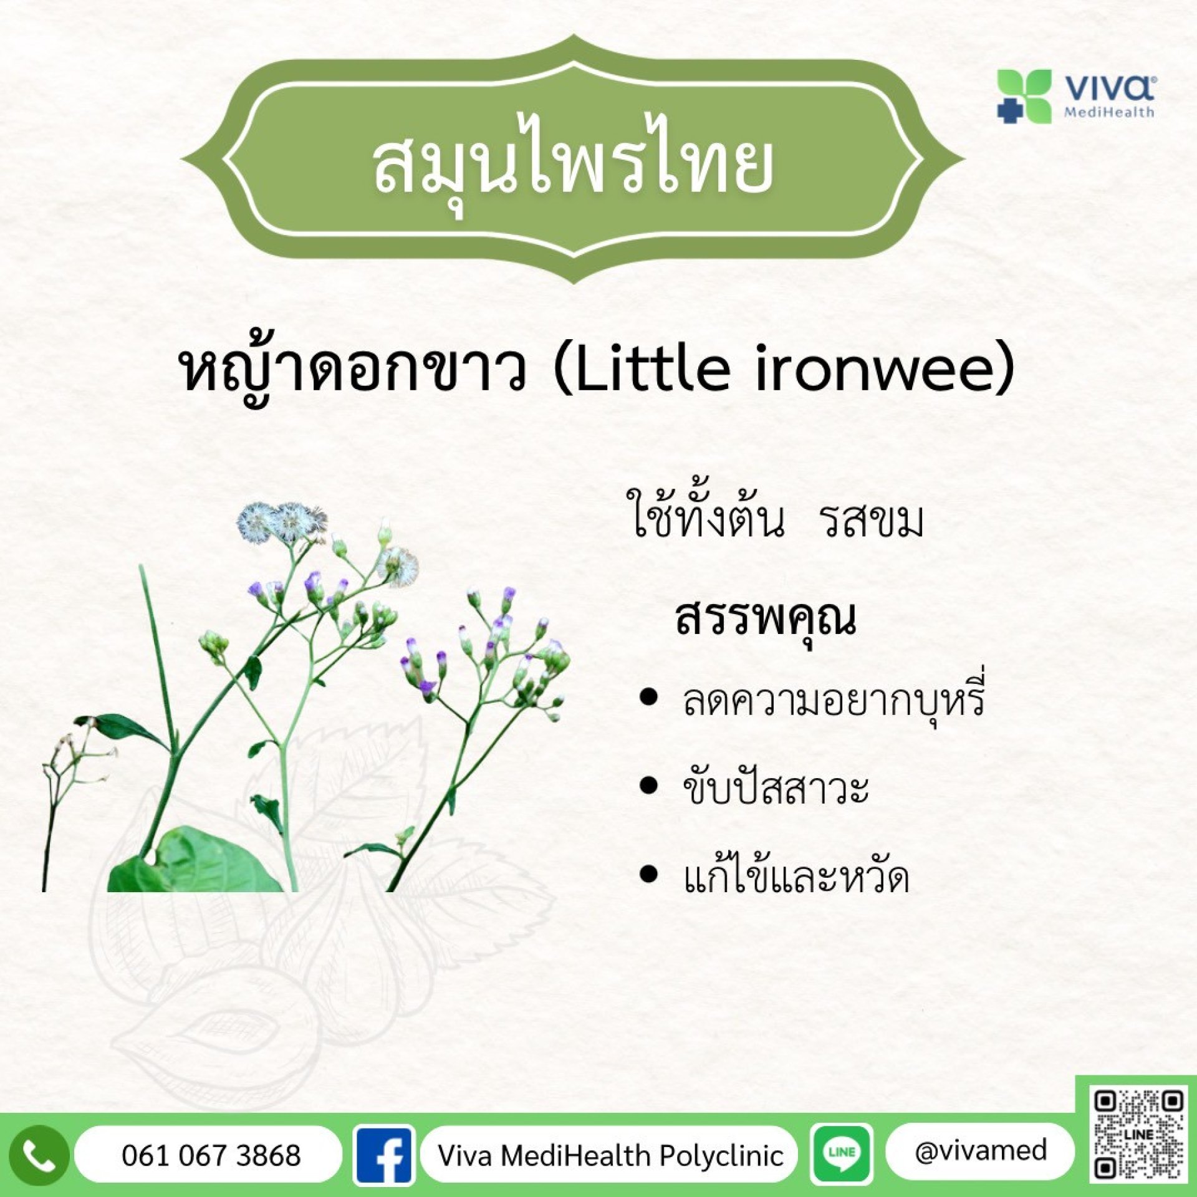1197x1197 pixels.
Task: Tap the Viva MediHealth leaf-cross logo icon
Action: pos(1024,97)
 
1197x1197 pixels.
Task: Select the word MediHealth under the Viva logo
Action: pos(1108,113)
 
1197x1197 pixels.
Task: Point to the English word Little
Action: pos(653,370)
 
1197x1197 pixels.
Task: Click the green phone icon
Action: pos(39,1155)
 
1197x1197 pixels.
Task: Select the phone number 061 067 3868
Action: pos(211,1155)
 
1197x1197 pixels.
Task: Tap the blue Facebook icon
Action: pos(383,1155)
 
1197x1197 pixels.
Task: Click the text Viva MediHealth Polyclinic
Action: pos(610,1156)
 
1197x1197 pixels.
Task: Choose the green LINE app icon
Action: pos(842,1153)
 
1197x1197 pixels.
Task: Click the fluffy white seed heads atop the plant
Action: pos(282,522)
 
